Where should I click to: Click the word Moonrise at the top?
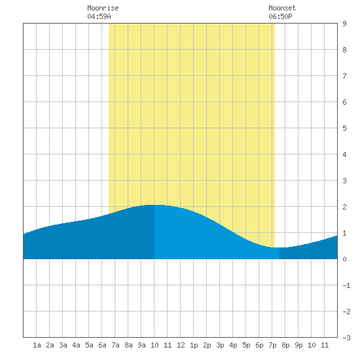103,8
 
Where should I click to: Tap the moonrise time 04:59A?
99,16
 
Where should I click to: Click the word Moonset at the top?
282,8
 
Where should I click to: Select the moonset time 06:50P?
280,16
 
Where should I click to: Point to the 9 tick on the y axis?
344,24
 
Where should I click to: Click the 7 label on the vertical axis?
344,76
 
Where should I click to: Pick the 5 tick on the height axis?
344,128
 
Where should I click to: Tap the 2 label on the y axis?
344,207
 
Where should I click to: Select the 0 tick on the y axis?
344,259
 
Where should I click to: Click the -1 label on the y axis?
346,285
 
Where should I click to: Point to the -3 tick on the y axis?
346,338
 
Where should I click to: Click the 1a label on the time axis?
37,345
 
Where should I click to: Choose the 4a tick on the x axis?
76,345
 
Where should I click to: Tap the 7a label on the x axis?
115,345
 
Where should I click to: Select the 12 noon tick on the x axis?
181,345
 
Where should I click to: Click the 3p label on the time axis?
220,345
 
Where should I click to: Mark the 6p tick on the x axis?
259,345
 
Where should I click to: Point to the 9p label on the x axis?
298,345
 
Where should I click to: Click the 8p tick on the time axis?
285,345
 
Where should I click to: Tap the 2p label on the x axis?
207,345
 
